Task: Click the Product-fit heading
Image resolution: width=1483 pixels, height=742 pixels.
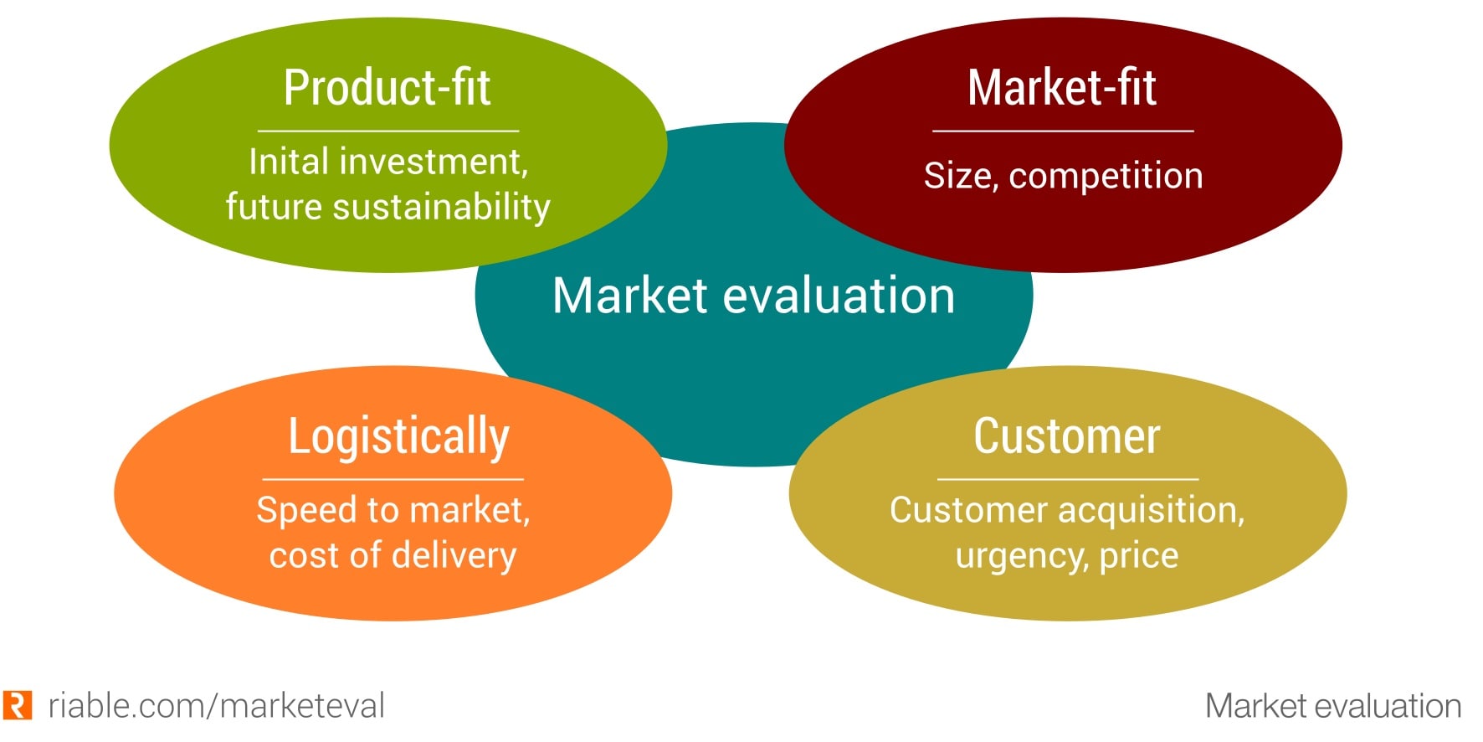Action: (387, 88)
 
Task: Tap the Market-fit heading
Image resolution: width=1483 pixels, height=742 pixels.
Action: (1062, 88)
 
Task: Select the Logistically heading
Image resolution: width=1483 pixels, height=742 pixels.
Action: (398, 436)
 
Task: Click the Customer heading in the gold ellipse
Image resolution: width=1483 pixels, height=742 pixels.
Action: (1067, 436)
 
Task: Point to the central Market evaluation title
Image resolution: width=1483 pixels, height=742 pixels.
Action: (753, 296)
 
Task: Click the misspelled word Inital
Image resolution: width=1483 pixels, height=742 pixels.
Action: (285, 162)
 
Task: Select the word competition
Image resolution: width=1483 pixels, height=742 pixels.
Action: (1106, 177)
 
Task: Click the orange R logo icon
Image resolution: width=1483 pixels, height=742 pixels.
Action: (18, 705)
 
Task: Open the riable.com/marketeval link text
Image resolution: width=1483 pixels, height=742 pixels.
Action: (216, 706)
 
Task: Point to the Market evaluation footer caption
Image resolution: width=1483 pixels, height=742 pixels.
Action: (1332, 706)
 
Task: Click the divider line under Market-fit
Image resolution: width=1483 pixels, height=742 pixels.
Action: (1063, 131)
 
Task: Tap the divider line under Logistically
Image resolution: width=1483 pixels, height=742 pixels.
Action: (393, 479)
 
